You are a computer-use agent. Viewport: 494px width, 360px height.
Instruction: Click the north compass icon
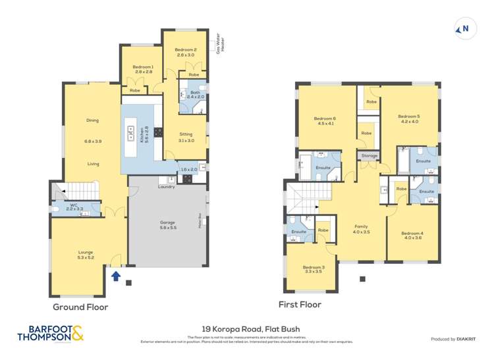[x=464, y=28]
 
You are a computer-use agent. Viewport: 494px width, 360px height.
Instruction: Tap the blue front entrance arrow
[x=116, y=276]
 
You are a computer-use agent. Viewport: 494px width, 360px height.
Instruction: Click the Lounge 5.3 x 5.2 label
[x=85, y=254]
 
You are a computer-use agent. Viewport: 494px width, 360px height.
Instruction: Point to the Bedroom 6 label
[x=325, y=120]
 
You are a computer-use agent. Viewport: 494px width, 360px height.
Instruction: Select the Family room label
[x=361, y=228]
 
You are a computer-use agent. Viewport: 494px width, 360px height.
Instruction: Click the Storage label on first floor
[x=370, y=156]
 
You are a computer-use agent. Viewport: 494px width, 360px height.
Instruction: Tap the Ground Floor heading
[x=80, y=307]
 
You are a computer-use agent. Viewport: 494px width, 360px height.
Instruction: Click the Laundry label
[x=166, y=187]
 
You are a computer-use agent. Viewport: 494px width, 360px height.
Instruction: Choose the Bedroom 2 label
[x=186, y=52]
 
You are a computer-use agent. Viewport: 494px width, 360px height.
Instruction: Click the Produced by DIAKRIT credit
[x=452, y=339]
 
